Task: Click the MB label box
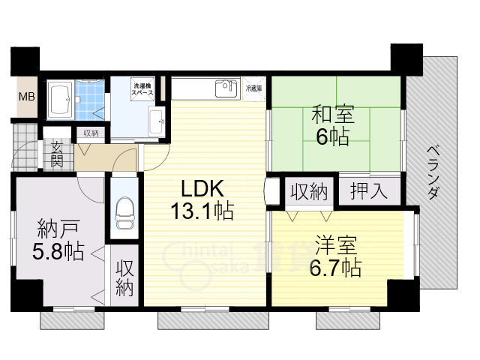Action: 26,97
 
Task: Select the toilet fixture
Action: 124,211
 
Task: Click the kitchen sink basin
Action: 224,90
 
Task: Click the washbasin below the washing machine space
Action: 156,121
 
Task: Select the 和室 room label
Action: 331,116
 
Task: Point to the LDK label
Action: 200,187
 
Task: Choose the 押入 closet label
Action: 368,190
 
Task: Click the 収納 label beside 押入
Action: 309,191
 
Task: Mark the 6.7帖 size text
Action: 335,268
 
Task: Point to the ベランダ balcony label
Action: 433,172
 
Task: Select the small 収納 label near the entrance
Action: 91,133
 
